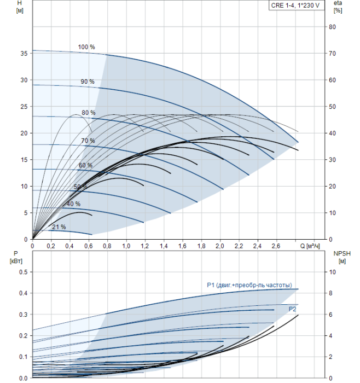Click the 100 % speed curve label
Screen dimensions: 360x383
86,47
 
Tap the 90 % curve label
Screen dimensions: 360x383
88,82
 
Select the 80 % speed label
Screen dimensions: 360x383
89,113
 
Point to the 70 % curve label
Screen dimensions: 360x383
88,141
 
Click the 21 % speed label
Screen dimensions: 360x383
59,227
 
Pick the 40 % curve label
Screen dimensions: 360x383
73,204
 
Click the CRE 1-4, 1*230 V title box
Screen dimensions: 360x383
297,5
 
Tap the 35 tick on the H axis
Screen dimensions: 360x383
24,54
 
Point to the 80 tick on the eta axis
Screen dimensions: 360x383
332,27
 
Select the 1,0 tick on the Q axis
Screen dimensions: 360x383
126,246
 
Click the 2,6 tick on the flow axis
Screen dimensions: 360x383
276,246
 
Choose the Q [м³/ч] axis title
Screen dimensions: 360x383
310,246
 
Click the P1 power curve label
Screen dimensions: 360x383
249,285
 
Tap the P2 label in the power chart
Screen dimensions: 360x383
292,309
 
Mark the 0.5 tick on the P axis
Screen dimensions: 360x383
23,272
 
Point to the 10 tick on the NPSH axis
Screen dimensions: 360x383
333,272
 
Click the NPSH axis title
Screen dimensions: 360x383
342,258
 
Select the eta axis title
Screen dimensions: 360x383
338,7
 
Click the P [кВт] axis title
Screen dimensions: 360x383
16,258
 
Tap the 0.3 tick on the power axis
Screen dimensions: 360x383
23,315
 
